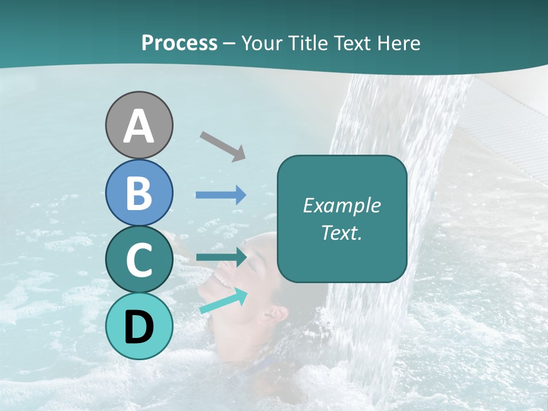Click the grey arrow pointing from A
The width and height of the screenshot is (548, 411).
click(x=223, y=146)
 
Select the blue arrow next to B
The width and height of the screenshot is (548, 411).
click(x=221, y=195)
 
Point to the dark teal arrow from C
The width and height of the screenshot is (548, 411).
click(x=221, y=257)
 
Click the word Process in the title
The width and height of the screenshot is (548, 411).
click(x=179, y=43)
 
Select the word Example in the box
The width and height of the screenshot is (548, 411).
click(x=341, y=205)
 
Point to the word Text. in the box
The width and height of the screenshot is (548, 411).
click(x=341, y=232)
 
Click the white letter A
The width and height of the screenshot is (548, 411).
click(x=139, y=127)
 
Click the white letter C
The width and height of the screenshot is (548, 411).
click(x=139, y=260)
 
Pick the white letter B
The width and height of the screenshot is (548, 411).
click(x=139, y=193)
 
